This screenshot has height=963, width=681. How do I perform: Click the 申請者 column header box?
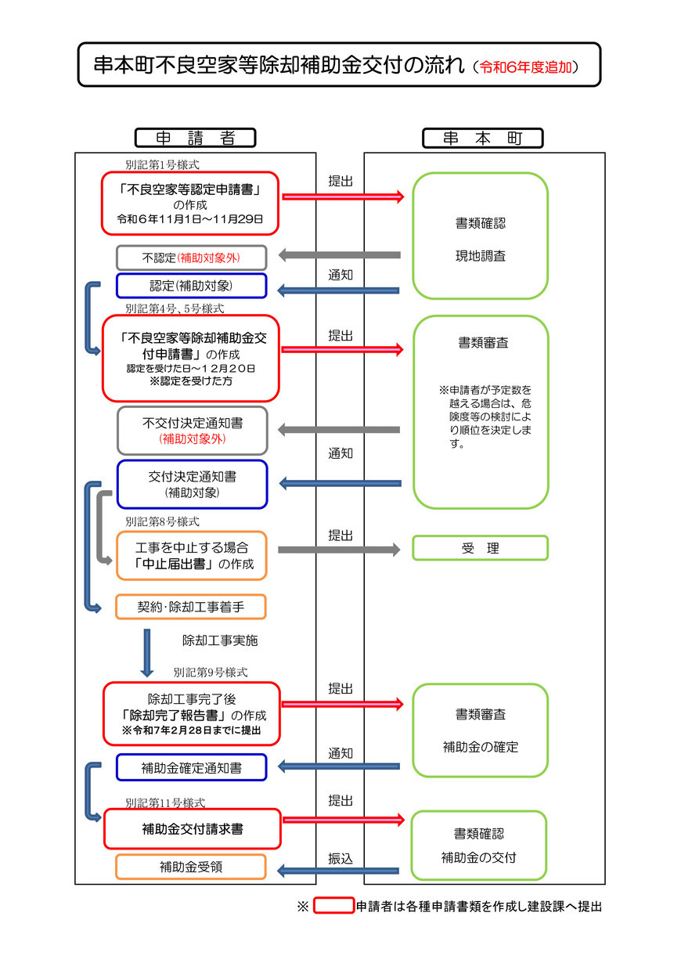pyautogui.click(x=195, y=138)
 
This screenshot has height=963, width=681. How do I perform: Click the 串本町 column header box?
pyautogui.click(x=482, y=138)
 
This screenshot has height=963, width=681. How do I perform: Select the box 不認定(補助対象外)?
pyautogui.click(x=192, y=258)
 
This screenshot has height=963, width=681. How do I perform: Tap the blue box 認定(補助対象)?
pyautogui.click(x=192, y=286)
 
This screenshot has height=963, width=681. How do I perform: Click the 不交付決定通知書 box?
pyautogui.click(x=192, y=430)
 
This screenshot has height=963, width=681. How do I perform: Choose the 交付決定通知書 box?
pyautogui.click(x=192, y=484)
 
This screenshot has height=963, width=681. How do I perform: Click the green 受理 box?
pyautogui.click(x=480, y=548)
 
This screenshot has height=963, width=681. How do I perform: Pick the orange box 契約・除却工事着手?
pyautogui.click(x=191, y=607)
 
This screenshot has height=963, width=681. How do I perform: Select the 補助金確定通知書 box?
pyautogui.click(x=192, y=768)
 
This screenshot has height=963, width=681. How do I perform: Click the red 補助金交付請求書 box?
pyautogui.click(x=192, y=828)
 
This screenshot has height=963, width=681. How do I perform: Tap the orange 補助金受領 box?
pyautogui.click(x=191, y=867)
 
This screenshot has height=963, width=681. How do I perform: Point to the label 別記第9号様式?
pyautogui.click(x=211, y=673)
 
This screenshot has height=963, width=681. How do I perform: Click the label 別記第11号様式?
pyautogui.click(x=165, y=802)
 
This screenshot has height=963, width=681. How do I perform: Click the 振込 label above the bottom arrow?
pyautogui.click(x=340, y=858)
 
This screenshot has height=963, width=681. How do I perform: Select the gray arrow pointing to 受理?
pyautogui.click(x=338, y=550)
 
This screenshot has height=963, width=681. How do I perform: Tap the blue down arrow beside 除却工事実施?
pyautogui.click(x=146, y=651)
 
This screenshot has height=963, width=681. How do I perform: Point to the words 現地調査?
pyautogui.click(x=480, y=256)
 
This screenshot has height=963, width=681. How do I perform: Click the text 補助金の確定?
pyautogui.click(x=480, y=747)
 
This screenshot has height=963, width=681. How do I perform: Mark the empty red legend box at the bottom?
pyautogui.click(x=334, y=907)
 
